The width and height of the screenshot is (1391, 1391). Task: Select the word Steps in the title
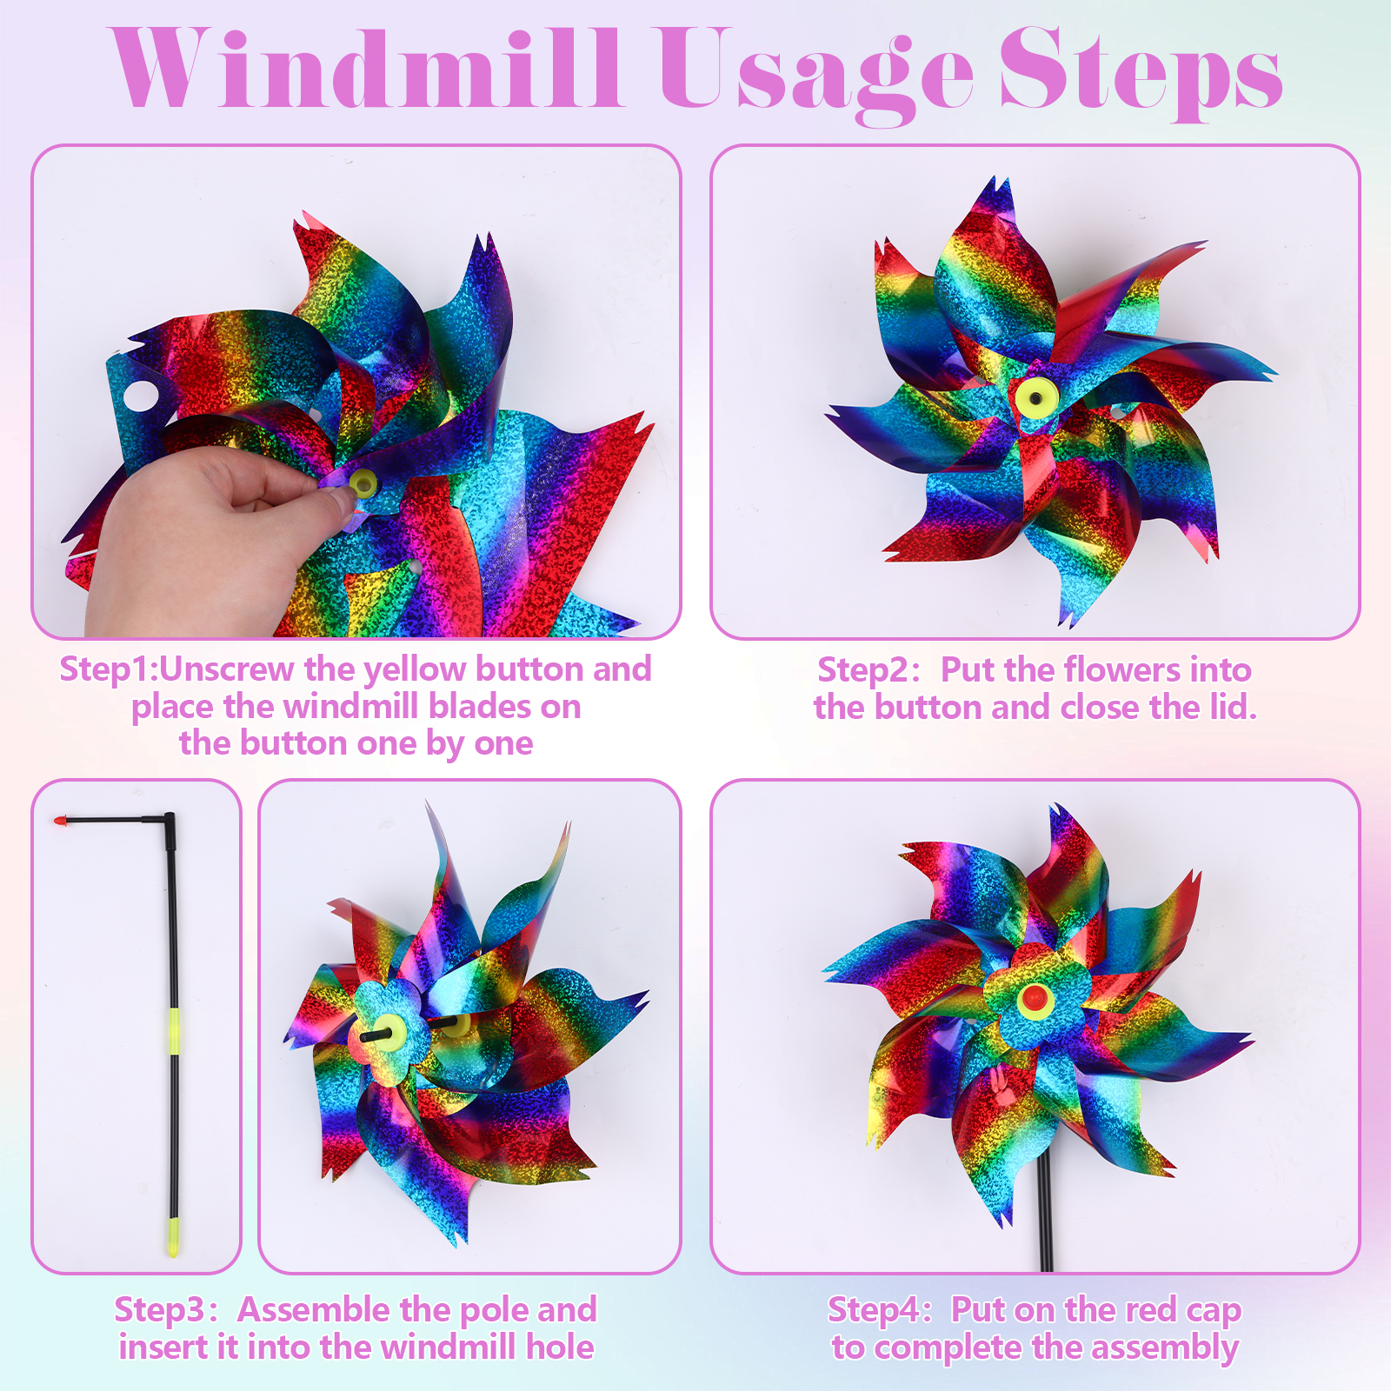pos(1141,74)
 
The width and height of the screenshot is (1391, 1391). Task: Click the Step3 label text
pos(162,1310)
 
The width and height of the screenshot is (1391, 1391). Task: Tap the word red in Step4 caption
pos(1151,1309)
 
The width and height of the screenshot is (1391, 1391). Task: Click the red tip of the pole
pos(60,820)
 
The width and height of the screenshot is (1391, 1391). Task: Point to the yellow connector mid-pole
pos(174,1030)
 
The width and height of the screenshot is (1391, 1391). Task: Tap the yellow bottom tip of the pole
pos(173,1237)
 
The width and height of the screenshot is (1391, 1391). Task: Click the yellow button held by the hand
pos(363,482)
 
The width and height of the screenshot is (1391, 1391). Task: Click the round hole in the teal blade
pos(140,395)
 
